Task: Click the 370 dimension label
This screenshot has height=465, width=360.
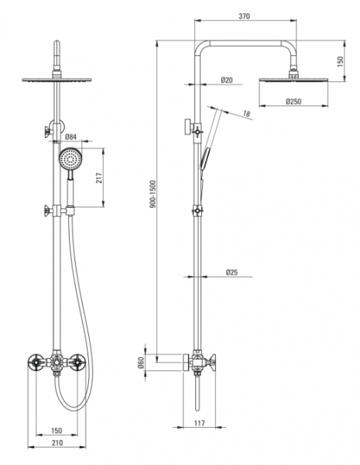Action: [244, 16]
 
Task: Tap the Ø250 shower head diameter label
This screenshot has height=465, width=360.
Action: [293, 102]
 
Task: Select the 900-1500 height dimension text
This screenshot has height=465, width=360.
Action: [153, 194]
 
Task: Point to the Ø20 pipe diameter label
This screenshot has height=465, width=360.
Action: [227, 80]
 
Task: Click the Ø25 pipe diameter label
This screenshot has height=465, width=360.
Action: [231, 272]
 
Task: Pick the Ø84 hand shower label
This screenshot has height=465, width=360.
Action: [70, 136]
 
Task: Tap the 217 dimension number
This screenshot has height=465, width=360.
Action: [99, 178]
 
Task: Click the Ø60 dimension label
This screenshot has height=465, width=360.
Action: [141, 363]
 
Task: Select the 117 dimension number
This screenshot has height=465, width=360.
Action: [200, 423]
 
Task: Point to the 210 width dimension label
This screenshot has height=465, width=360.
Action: [57, 443]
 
